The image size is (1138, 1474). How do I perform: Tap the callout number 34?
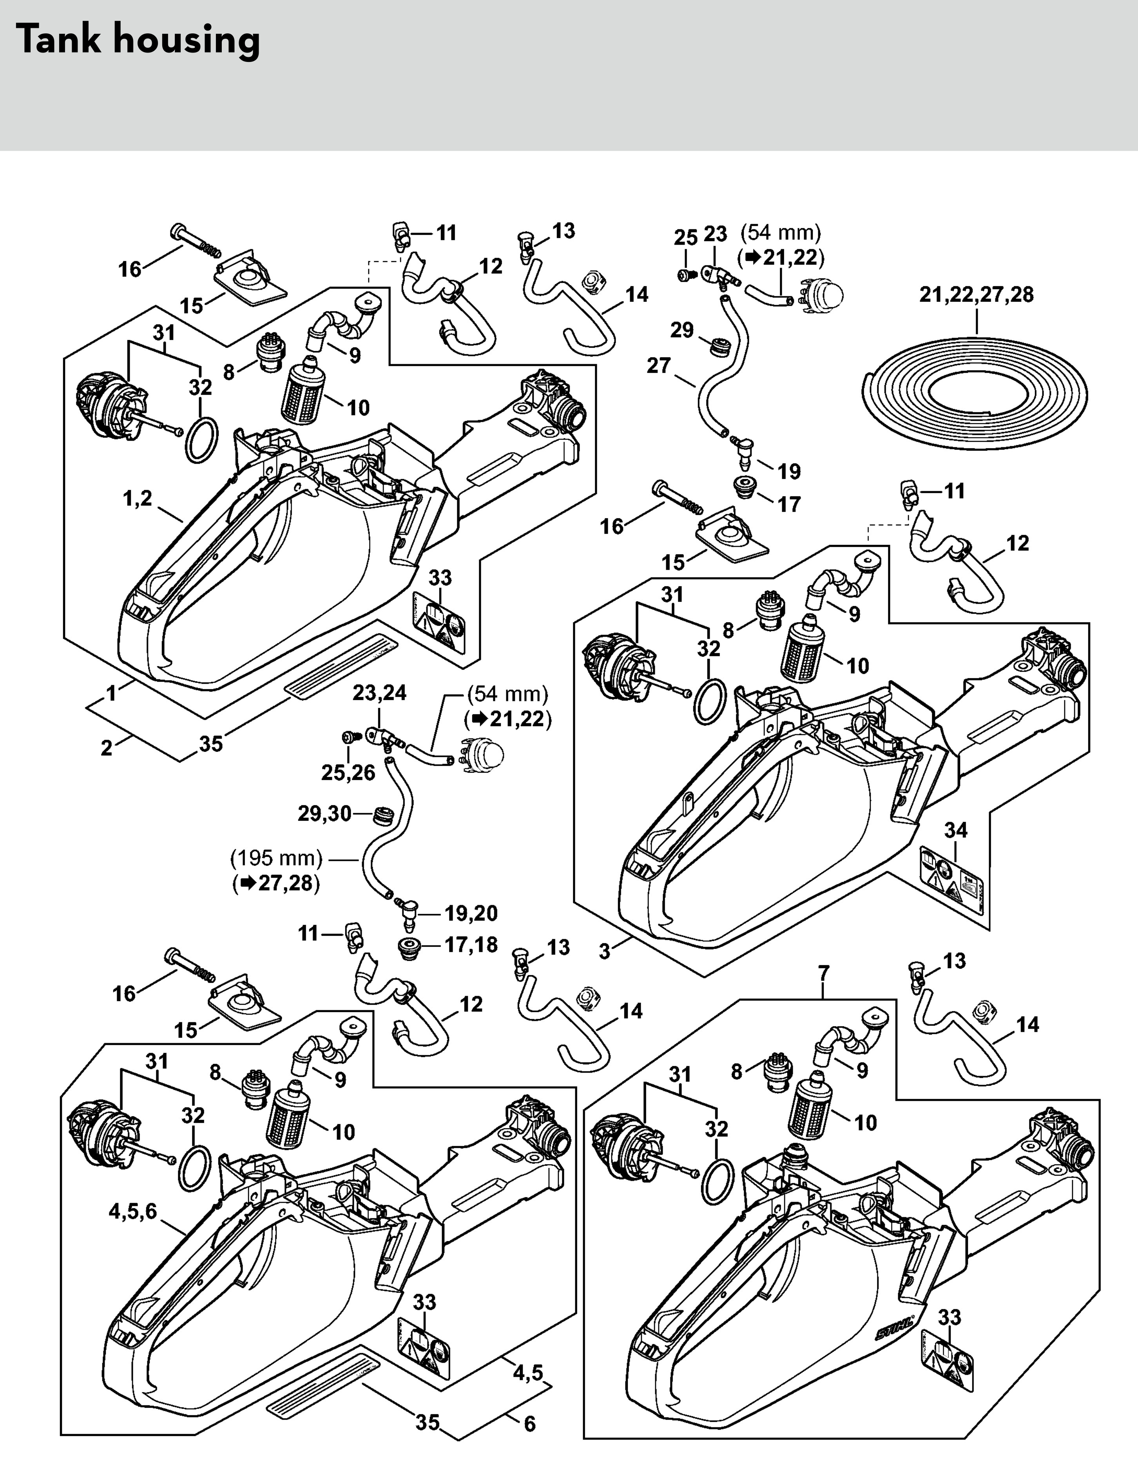[956, 830]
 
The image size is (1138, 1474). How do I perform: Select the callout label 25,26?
[348, 773]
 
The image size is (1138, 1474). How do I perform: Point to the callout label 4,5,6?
[133, 1211]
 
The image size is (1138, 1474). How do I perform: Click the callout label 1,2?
[138, 499]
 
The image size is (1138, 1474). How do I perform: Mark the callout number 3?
[604, 951]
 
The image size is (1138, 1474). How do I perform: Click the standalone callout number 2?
[106, 748]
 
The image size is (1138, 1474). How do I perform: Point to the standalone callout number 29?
[682, 330]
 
